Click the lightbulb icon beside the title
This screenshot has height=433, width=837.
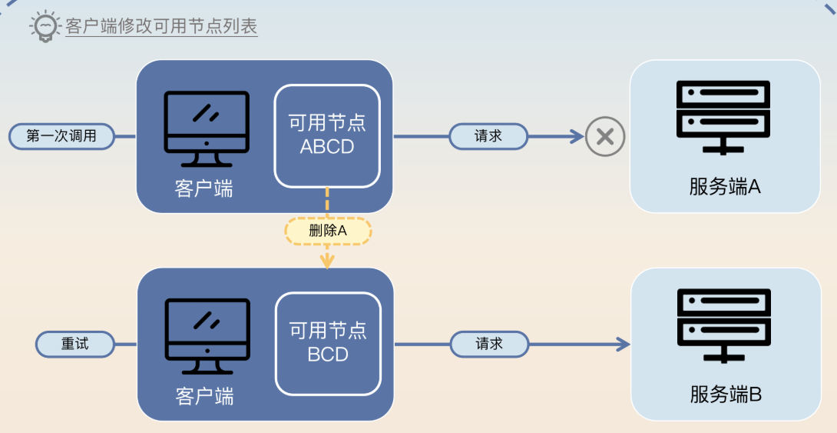tap(45, 26)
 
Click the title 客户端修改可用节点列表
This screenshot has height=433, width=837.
tap(161, 26)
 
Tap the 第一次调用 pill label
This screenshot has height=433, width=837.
tap(61, 136)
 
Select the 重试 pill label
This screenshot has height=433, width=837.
tap(75, 344)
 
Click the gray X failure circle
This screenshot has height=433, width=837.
tap(605, 137)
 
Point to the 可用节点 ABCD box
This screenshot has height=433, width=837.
tap(327, 136)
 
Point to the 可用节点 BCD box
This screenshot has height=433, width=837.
tap(328, 343)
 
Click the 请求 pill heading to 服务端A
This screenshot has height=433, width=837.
tap(488, 136)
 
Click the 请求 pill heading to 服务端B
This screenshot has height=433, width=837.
tap(489, 344)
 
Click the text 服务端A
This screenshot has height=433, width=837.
tap(725, 187)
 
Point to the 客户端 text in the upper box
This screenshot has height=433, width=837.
tap(204, 188)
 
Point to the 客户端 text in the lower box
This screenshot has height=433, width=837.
tap(204, 396)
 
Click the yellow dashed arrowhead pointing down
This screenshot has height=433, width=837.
tap(328, 261)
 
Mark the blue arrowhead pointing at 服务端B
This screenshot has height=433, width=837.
tap(624, 344)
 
